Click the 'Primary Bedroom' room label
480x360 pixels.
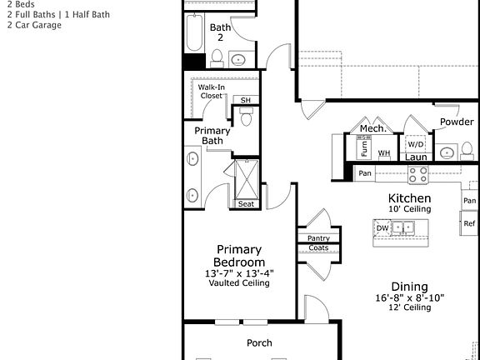coord(239,255)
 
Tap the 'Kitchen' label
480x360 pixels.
coord(409,198)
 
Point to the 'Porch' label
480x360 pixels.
coord(259,342)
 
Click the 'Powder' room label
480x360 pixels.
coord(457,122)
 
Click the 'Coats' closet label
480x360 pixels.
coord(317,247)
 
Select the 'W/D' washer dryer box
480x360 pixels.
coord(415,142)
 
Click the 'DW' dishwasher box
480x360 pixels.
coord(382,227)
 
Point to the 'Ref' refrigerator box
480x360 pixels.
coord(469,224)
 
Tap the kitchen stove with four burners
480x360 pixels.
coord(417,174)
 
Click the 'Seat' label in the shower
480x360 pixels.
coord(246,204)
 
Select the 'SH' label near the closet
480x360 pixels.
coord(245,100)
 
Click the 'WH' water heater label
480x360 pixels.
coord(384,153)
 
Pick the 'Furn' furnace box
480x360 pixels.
coord(363,148)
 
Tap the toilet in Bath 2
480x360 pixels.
coord(217,57)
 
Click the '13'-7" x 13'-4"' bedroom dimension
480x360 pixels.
coord(239,272)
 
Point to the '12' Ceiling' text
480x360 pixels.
coord(409,307)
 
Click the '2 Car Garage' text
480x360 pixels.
coord(34,25)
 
